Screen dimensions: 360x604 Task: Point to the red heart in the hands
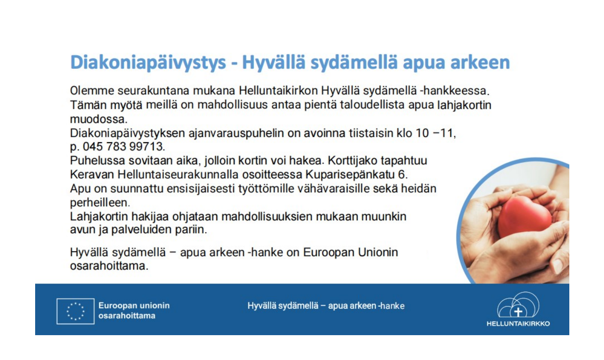click(x=524, y=216)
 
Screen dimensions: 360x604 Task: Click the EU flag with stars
click(x=75, y=311)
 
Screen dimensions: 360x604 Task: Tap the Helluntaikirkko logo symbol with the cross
click(x=518, y=307)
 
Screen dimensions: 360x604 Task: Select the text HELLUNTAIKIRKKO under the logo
click(x=518, y=323)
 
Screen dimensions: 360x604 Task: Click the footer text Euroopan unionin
click(x=134, y=306)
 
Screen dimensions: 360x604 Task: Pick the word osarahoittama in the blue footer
click(x=127, y=316)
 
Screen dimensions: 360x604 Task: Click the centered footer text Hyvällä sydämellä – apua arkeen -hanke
click(x=326, y=306)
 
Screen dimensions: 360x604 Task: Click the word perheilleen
click(x=99, y=203)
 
